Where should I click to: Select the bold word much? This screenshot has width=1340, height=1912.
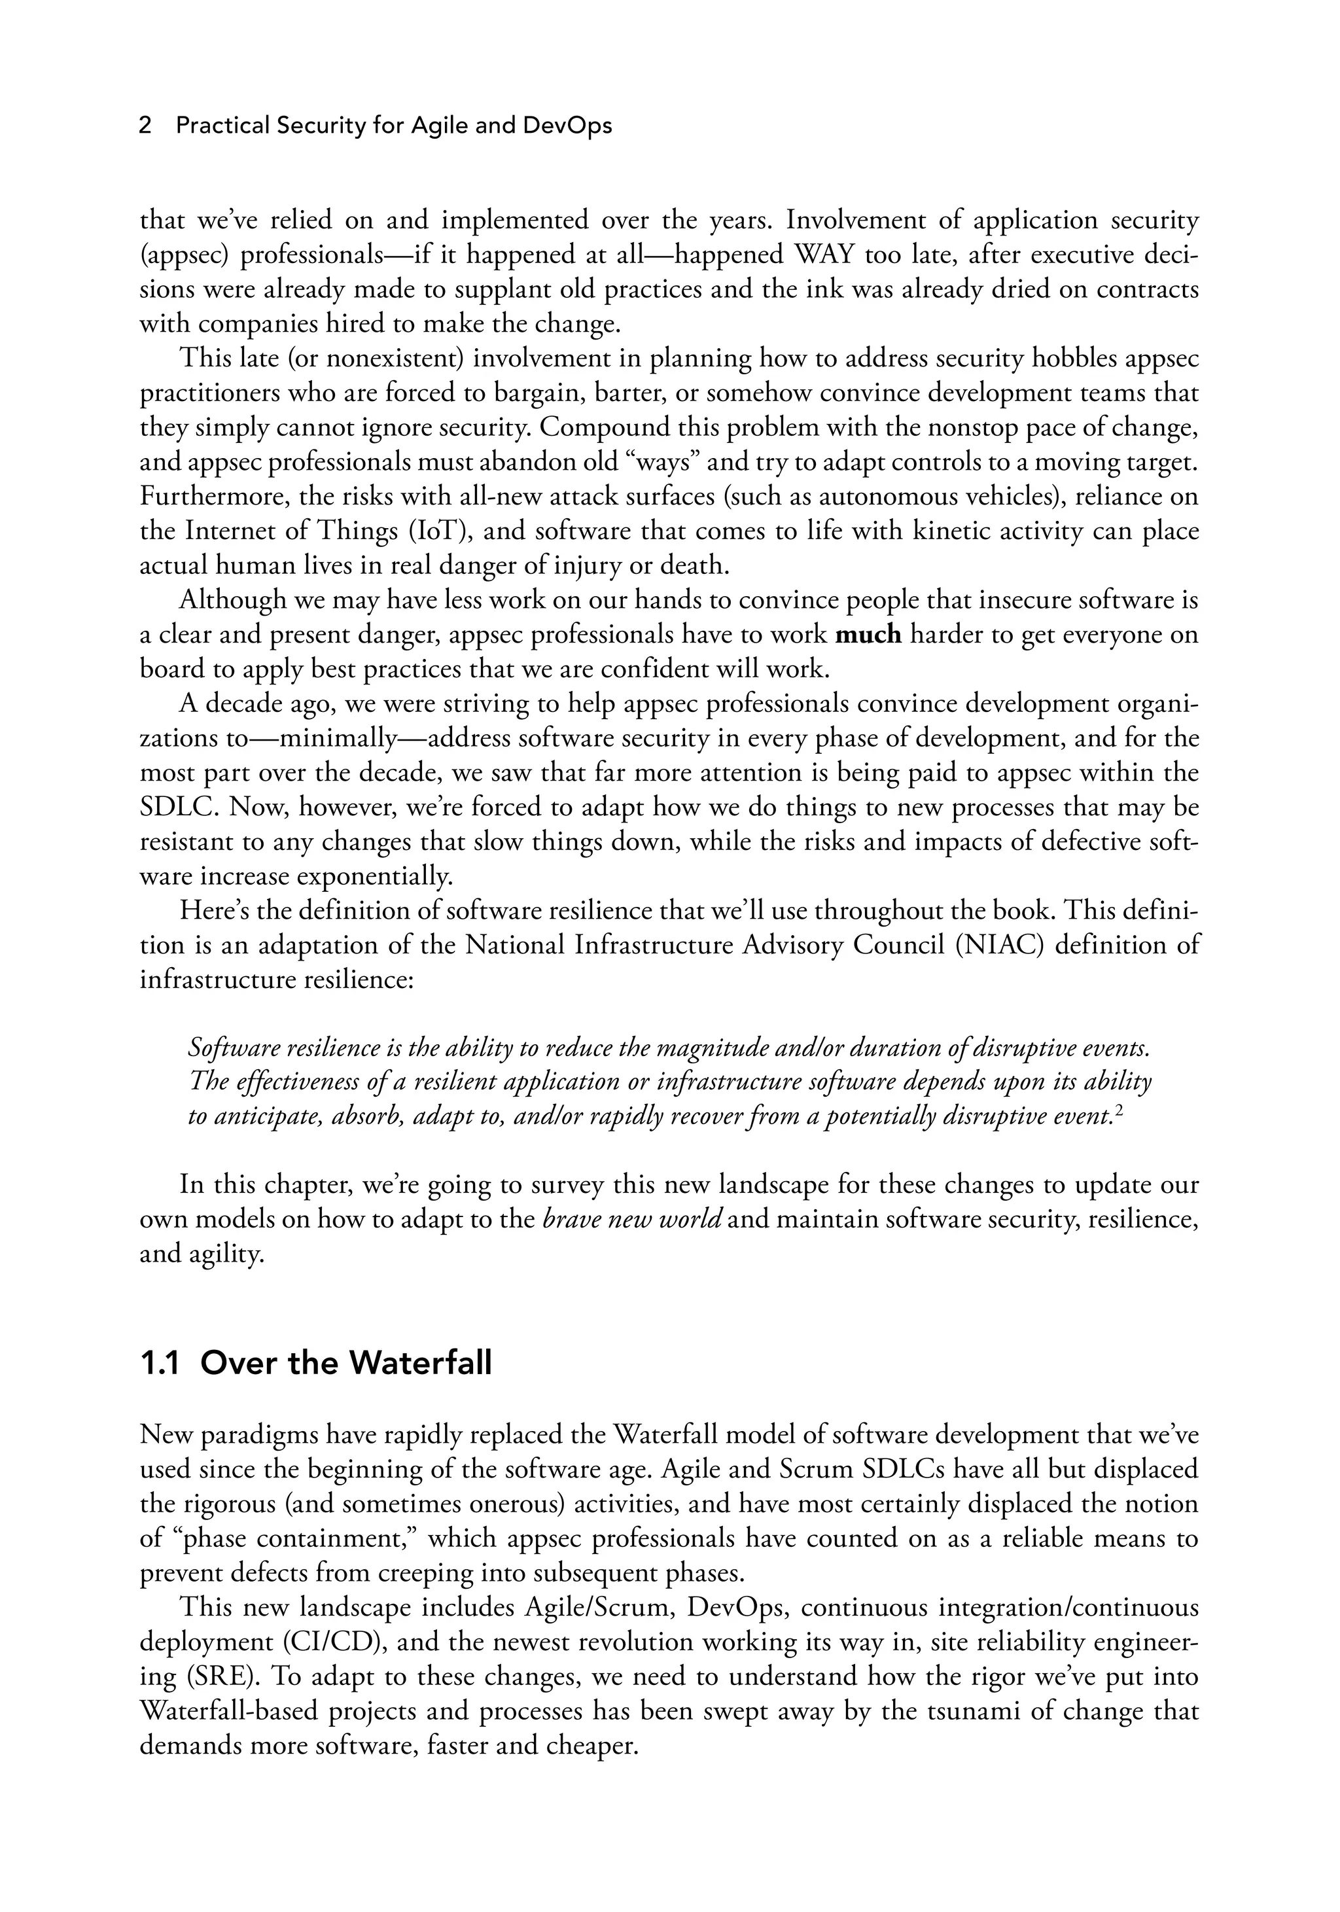868,635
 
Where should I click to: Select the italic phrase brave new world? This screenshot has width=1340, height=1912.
632,1219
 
